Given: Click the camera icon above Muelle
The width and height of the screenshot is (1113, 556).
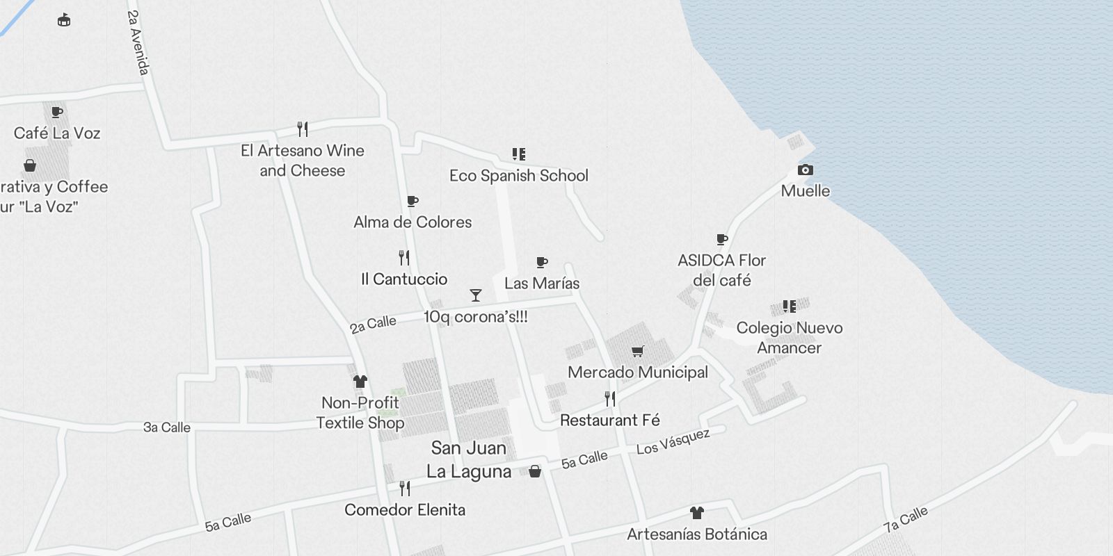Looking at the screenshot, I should pyautogui.click(x=805, y=170).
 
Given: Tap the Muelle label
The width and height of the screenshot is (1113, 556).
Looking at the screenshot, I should pyautogui.click(x=806, y=191).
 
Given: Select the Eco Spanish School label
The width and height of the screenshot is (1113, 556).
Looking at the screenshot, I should pyautogui.click(x=519, y=176).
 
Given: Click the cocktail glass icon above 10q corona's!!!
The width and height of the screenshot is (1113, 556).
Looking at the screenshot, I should pyautogui.click(x=476, y=295).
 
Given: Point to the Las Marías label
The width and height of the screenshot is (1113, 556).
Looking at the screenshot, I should pyautogui.click(x=542, y=284).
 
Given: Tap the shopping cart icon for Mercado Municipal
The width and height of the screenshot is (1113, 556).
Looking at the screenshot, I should pyautogui.click(x=638, y=352).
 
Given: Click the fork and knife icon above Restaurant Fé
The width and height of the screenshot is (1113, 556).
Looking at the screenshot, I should pyautogui.click(x=610, y=399).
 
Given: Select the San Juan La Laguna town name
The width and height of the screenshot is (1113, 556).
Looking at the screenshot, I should pyautogui.click(x=469, y=459).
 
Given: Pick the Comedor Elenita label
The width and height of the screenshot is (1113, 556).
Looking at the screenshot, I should pyautogui.click(x=405, y=510).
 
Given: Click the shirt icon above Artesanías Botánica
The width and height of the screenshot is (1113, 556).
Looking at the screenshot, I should pyautogui.click(x=696, y=514).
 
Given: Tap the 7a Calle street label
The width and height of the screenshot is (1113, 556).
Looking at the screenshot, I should pyautogui.click(x=906, y=519).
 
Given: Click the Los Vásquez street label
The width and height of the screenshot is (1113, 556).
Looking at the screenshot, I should pyautogui.click(x=673, y=441).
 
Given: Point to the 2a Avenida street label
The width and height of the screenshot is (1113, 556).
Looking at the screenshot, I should pyautogui.click(x=138, y=42).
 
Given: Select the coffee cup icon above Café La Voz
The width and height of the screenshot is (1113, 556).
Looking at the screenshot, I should pyautogui.click(x=57, y=113).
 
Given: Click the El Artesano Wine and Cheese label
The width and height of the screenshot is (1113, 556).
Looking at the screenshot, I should pyautogui.click(x=303, y=161).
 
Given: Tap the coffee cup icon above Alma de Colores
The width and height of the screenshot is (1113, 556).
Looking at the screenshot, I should pyautogui.click(x=413, y=202).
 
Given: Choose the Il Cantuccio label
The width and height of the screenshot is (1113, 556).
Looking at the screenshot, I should pyautogui.click(x=404, y=279).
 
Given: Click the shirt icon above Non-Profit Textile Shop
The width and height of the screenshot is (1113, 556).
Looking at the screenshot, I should pyautogui.click(x=360, y=382).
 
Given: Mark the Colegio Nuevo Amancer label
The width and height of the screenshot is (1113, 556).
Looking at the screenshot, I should pyautogui.click(x=790, y=338).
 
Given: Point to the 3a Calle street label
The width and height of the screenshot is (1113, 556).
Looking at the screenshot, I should pyautogui.click(x=167, y=427).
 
